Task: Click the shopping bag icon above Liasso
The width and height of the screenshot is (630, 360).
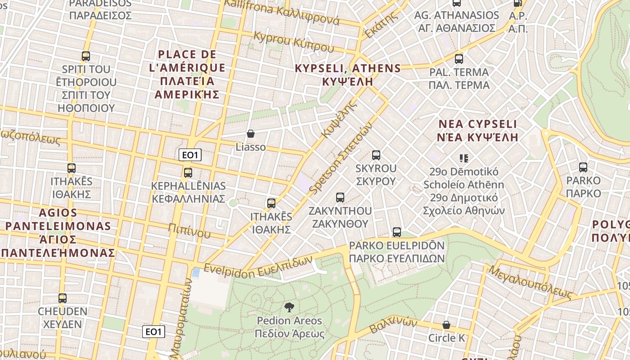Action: (251, 134)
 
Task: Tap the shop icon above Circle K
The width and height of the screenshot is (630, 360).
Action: (446, 325)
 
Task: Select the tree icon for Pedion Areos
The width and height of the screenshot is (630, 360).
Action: (289, 307)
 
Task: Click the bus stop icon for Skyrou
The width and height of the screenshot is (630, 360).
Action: (376, 155)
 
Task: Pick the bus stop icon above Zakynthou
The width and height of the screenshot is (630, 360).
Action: (340, 197)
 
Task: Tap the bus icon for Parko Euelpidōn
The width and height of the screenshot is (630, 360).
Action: (396, 232)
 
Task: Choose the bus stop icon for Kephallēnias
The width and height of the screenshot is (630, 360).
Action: (188, 172)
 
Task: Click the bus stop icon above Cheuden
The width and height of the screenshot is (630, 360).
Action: (63, 298)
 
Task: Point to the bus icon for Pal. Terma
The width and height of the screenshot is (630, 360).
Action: (459, 59)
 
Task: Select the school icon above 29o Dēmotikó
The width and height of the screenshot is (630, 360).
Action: (464, 158)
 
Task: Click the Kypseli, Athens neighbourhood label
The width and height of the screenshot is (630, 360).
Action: (347, 75)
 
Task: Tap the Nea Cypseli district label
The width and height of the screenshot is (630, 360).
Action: (478, 130)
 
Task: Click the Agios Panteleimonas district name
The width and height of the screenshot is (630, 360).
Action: (58, 232)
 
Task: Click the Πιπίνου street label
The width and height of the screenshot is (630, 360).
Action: (189, 230)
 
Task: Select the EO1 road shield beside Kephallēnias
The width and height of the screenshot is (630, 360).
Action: (190, 155)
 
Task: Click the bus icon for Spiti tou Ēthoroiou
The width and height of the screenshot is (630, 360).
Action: (86, 56)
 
